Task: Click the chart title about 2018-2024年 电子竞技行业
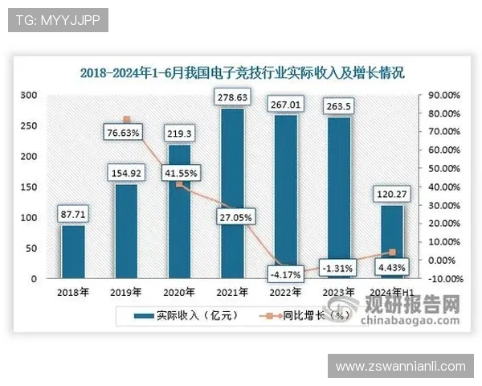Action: coord(242,72)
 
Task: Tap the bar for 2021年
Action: coord(232,193)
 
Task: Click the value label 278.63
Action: coord(232,98)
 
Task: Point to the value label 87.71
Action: coord(73,215)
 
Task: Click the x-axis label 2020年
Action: coord(179,292)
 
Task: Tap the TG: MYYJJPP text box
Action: coord(57,20)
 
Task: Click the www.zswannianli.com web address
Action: coord(401,367)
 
